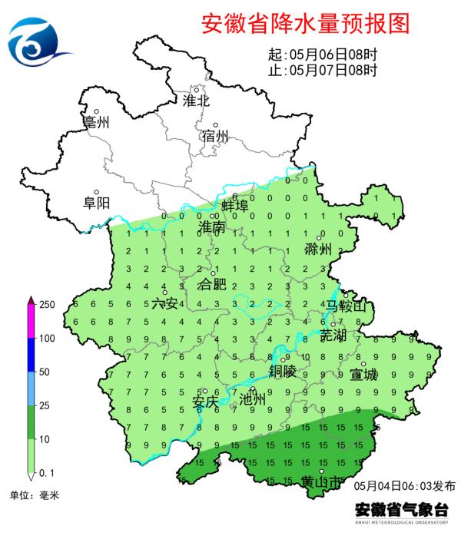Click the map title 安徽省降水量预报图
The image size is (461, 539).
(304, 24)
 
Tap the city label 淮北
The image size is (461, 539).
(196, 101)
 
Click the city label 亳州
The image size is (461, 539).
(97, 122)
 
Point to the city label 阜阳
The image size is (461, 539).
(97, 203)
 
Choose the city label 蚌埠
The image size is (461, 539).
(234, 206)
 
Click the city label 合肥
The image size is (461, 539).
(213, 285)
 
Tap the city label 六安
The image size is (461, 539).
(164, 304)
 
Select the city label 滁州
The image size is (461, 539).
(317, 249)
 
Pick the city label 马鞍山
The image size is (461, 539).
(347, 308)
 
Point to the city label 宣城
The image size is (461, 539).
(363, 375)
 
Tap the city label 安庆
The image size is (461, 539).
(205, 402)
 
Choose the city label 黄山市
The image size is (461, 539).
(317, 481)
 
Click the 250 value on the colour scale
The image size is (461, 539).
(47, 305)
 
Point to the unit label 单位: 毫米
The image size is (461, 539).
(33, 495)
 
